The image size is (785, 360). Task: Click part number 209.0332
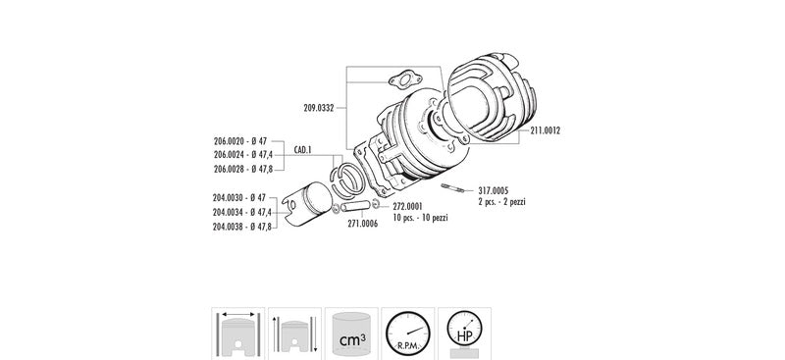[318, 108]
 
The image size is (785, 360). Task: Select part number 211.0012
[545, 130]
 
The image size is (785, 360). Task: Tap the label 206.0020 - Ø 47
[240, 141]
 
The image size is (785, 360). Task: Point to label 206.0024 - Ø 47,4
[243, 155]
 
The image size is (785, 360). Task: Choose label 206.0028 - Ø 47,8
[243, 170]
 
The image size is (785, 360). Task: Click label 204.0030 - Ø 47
[239, 198]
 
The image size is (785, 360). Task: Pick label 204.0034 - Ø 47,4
[242, 212]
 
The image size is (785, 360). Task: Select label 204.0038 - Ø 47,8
[242, 227]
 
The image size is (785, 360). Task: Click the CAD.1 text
[303, 150]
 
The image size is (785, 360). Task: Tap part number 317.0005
[494, 190]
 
